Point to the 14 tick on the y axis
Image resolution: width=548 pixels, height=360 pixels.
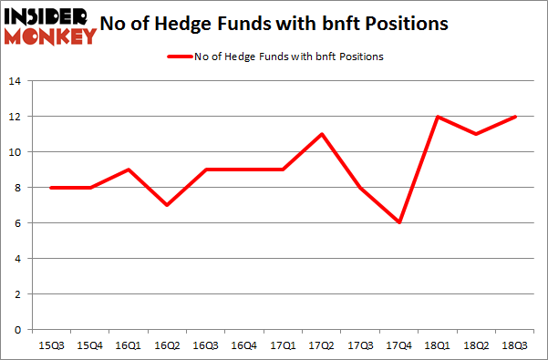click(16, 81)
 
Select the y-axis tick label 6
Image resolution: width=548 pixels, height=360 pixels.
click(18, 223)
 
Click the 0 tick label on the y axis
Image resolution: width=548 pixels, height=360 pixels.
click(18, 330)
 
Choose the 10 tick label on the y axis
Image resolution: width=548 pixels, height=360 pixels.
click(16, 152)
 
